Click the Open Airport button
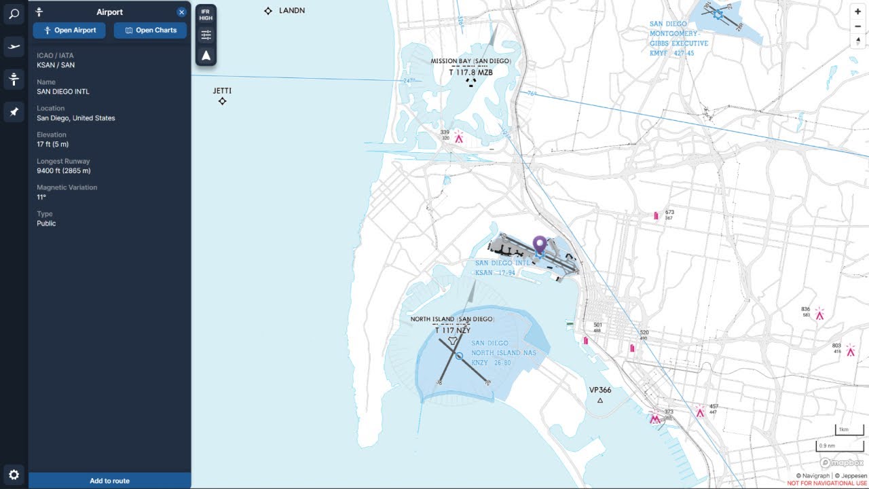tap(69, 30)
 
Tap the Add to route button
tap(109, 481)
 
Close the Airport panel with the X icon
tap(181, 12)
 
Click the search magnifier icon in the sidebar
tap(14, 14)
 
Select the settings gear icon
tap(14, 475)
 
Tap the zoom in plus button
tap(857, 12)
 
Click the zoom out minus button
tap(857, 26)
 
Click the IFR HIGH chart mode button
tap(206, 14)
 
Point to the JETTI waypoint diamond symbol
tap(222, 101)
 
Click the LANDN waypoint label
tap(292, 11)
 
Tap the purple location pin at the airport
tap(540, 244)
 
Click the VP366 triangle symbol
tap(600, 401)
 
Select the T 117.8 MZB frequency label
tap(471, 72)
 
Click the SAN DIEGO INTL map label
tap(502, 263)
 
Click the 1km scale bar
tap(849, 430)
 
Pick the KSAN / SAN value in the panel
tap(56, 65)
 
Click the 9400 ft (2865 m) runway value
tap(64, 170)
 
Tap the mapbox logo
tap(842, 463)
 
